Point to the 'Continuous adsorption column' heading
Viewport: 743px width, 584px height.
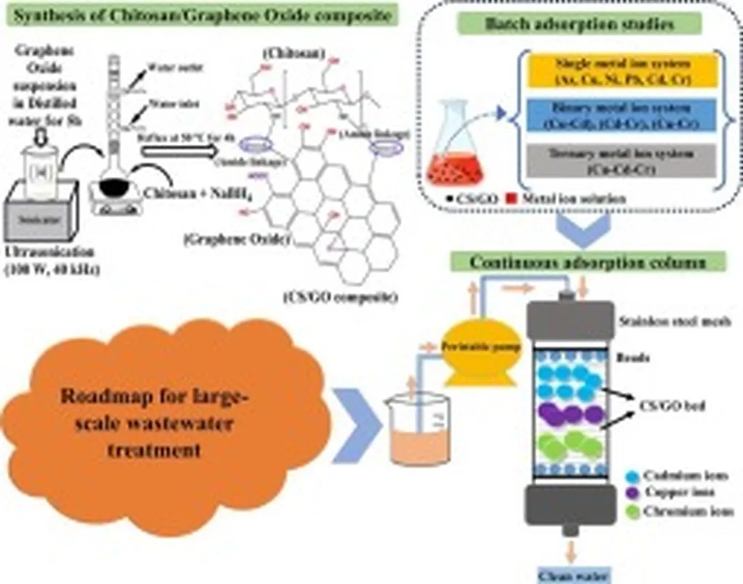pyautogui.click(x=588, y=262)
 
